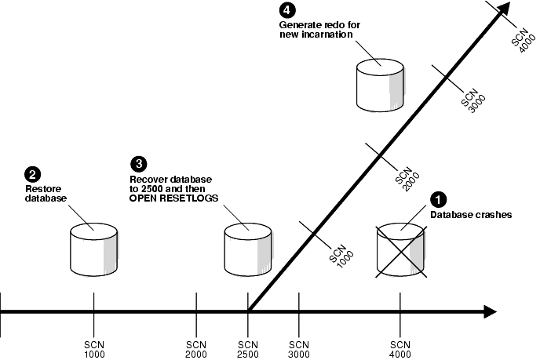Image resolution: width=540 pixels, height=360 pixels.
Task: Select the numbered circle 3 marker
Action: [138, 163]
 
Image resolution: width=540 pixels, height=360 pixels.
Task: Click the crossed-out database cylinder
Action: [401, 249]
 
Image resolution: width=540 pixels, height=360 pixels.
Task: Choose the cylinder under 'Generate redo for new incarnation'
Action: [380, 83]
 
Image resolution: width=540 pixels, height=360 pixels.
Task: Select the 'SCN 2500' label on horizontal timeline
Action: [248, 348]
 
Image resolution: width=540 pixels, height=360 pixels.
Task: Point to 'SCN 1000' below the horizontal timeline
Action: [93, 348]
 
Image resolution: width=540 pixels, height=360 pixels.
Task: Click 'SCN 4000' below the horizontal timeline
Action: [400, 348]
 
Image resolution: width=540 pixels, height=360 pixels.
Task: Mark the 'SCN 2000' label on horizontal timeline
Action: [196, 348]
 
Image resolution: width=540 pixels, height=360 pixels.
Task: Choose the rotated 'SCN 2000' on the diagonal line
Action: [405, 175]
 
